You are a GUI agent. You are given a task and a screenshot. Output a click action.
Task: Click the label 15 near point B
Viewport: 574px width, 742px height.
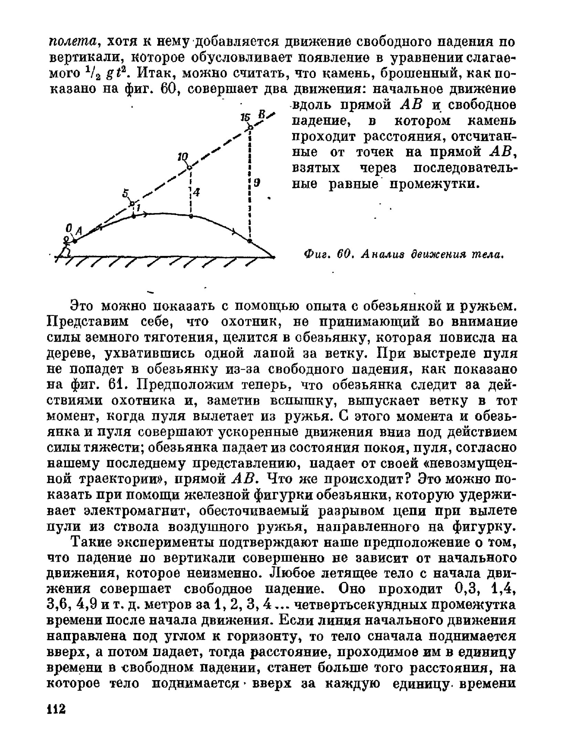click(245, 117)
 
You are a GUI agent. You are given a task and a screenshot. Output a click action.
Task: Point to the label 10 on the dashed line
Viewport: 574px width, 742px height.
click(183, 157)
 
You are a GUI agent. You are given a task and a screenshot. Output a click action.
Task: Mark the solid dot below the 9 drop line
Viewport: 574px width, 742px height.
click(250, 241)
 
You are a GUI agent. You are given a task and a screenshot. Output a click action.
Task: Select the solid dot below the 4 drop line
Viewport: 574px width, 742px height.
click(191, 216)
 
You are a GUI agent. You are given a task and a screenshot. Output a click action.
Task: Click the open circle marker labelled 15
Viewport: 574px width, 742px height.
click(250, 127)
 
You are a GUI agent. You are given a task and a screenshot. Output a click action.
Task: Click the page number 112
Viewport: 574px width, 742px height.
click(56, 709)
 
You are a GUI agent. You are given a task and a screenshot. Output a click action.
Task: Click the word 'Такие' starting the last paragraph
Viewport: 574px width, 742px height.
click(91, 542)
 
